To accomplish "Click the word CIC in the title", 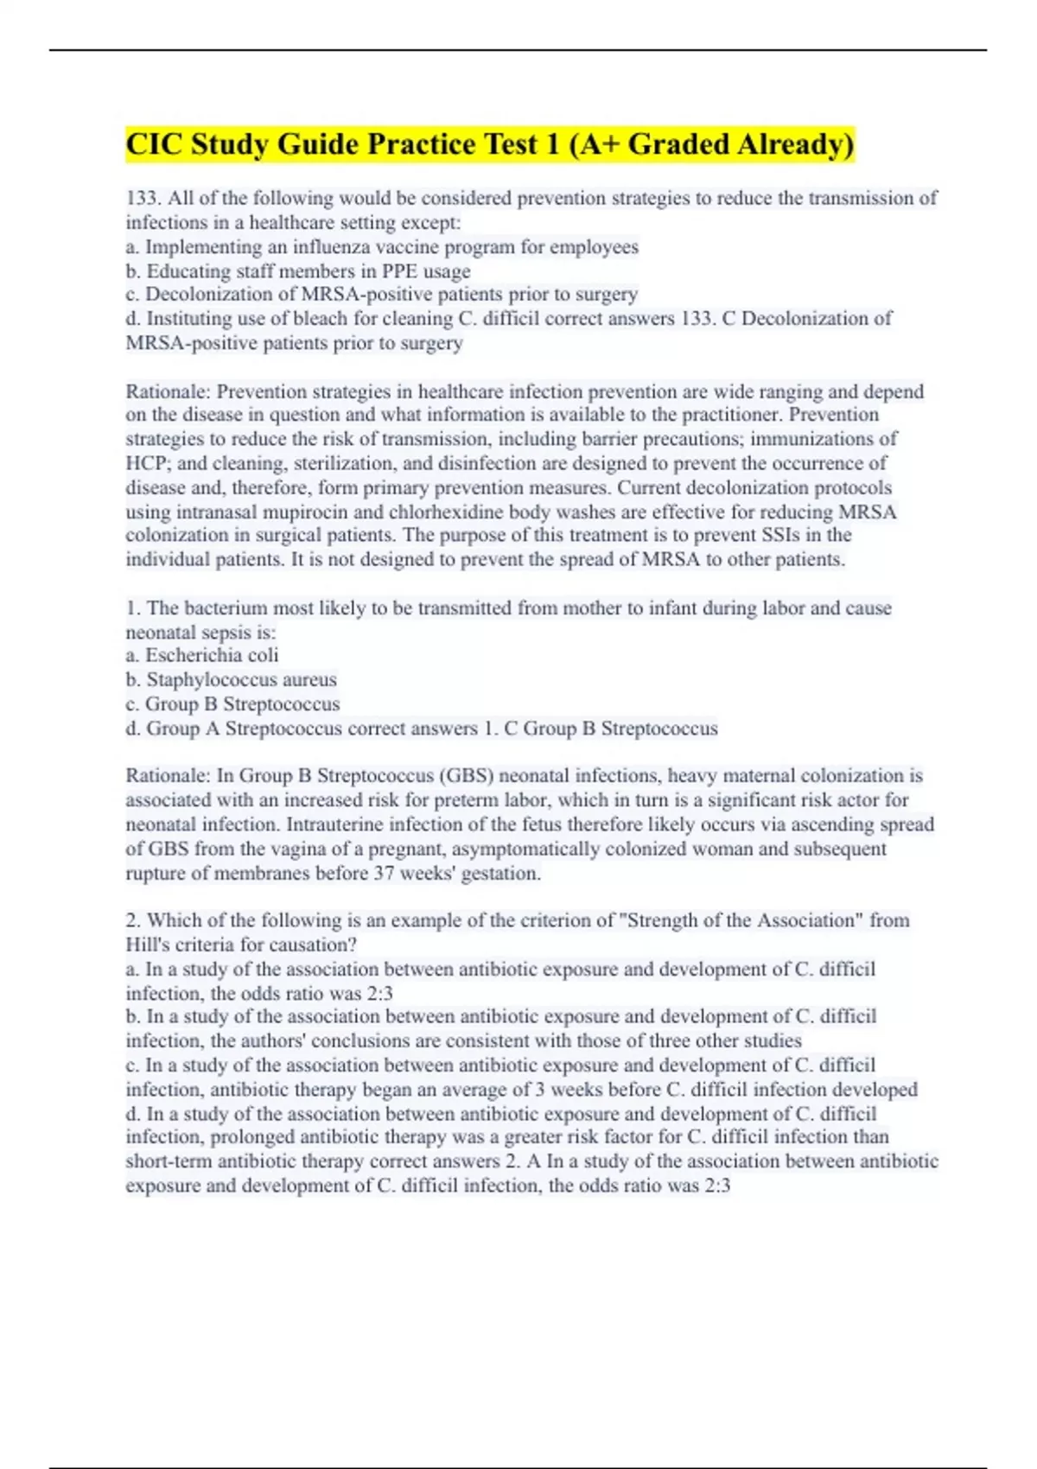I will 154,144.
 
